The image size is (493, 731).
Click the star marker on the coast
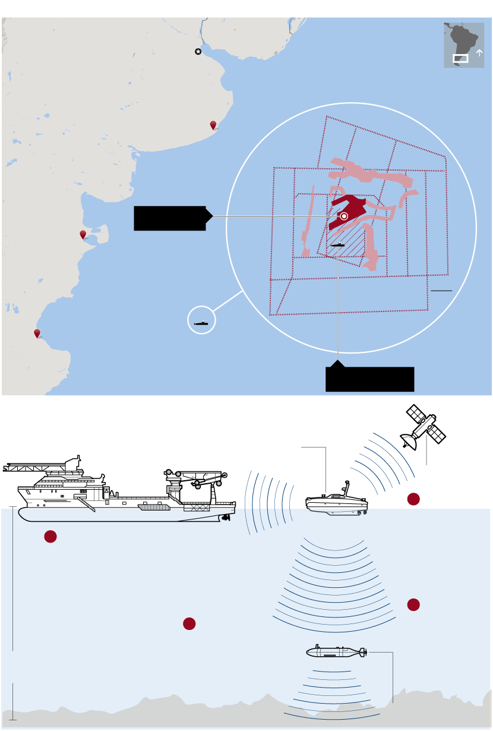[x=198, y=52]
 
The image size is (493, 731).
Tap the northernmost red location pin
[x=213, y=125]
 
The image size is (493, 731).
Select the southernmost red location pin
[x=37, y=333]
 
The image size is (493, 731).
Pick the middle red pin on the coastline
[x=83, y=235]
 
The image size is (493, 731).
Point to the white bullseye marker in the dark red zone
[x=344, y=216]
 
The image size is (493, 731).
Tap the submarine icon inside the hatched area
[x=338, y=245]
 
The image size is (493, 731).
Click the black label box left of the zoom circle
[x=170, y=218]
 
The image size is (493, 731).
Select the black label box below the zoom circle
[x=369, y=379]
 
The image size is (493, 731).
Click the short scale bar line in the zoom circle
[x=441, y=291]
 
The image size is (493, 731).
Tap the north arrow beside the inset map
[x=479, y=52]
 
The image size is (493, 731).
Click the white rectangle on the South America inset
[x=460, y=58]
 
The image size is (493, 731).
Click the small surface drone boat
[x=336, y=503]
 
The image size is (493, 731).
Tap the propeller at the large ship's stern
[x=226, y=518]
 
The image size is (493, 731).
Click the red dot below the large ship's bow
[x=50, y=537]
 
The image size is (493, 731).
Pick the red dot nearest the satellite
[x=414, y=499]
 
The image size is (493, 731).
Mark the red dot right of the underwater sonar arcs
[x=414, y=605]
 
